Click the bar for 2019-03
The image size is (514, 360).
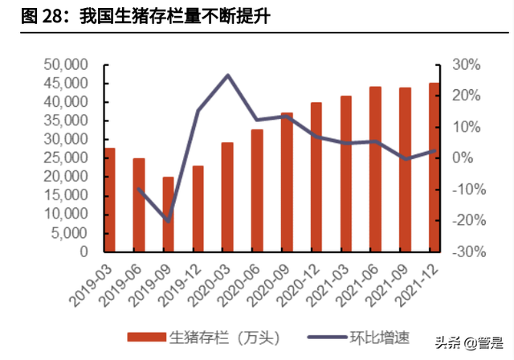tap(110, 200)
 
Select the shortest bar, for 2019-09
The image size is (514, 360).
tap(169, 215)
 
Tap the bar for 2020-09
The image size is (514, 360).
tap(287, 182)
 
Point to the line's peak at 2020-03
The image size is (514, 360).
tap(227, 76)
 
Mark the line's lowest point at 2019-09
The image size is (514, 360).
tap(169, 220)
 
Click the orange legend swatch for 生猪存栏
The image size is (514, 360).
tap(145, 337)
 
